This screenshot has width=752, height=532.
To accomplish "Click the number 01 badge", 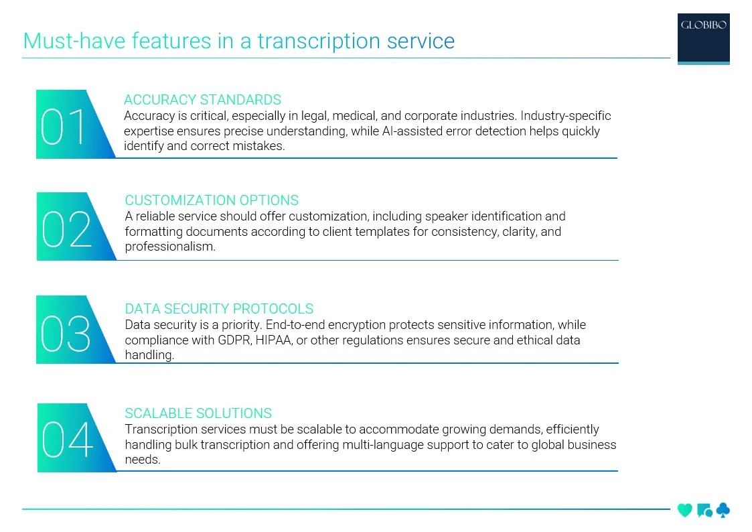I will (x=65, y=126).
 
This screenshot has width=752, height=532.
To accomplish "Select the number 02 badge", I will (x=66, y=228).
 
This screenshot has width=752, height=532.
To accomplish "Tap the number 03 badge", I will (x=66, y=332).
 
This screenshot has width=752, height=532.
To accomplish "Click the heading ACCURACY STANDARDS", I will (x=202, y=100).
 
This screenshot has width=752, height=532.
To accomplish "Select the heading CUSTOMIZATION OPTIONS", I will (x=212, y=200).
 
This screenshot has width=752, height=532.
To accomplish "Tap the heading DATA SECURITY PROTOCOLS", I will (x=219, y=309).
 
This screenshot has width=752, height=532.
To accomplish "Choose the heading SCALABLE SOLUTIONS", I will (x=198, y=413).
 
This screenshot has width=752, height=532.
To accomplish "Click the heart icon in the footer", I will (x=684, y=511).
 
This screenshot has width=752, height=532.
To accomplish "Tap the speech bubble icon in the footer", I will (x=704, y=511).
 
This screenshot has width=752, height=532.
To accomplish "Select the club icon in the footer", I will (x=723, y=511).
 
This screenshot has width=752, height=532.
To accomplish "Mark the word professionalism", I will (x=170, y=247).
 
